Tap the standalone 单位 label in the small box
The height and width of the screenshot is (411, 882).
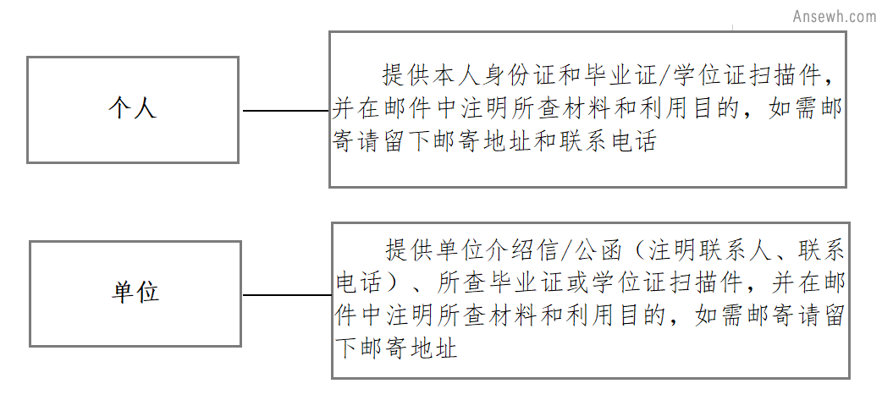tap(135, 292)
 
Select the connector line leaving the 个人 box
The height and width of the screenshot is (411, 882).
tap(286, 111)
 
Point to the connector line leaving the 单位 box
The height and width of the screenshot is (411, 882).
tap(287, 294)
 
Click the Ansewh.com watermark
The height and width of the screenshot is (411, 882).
tap(835, 16)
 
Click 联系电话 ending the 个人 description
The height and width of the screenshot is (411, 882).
tap(608, 140)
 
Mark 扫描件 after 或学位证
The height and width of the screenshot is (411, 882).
tap(708, 283)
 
